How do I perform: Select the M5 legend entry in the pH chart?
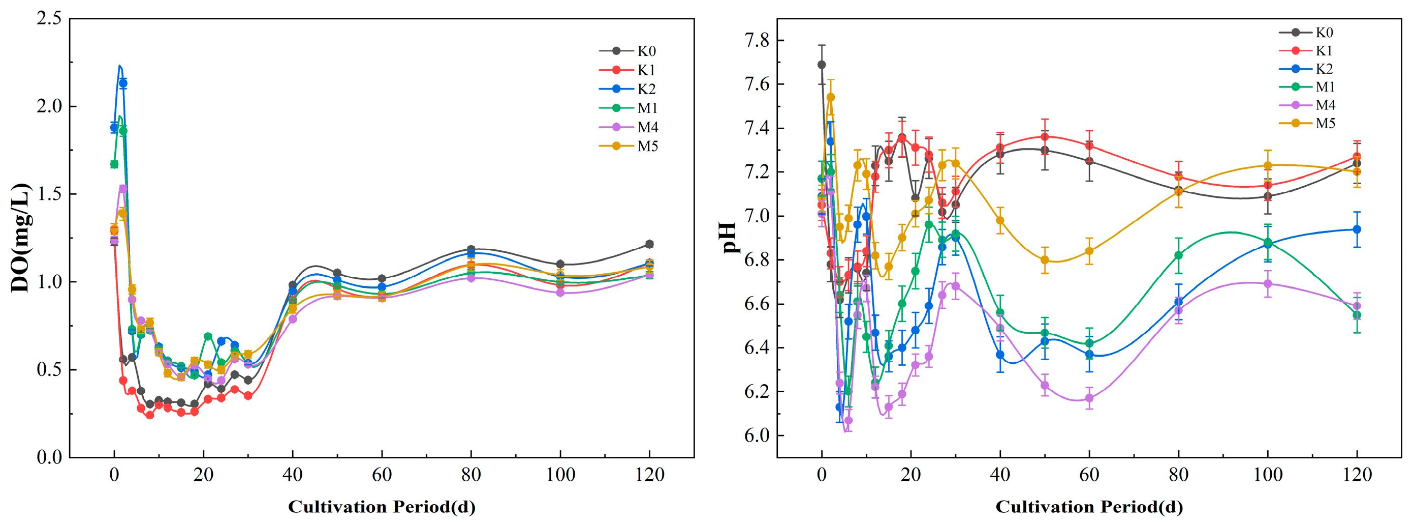[x=1306, y=123]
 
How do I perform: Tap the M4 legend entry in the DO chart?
[x=628, y=127]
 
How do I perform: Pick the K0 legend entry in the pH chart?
[x=1306, y=33]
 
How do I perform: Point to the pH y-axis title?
[x=729, y=237]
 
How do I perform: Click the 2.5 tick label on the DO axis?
[x=49, y=19]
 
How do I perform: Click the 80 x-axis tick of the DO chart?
[x=471, y=475]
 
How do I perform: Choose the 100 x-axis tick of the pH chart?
[x=1268, y=475]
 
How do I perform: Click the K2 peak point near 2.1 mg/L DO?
[x=123, y=83]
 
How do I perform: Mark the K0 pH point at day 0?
[x=822, y=65]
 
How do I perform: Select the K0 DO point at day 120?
[x=649, y=244]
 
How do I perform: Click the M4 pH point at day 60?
[x=1090, y=398]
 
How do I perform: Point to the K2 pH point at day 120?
[x=1357, y=229]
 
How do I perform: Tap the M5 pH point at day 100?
[x=1268, y=166]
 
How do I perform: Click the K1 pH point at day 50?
[x=1045, y=137]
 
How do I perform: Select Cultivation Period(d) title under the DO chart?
[x=382, y=507]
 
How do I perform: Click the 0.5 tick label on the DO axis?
[x=49, y=370]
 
